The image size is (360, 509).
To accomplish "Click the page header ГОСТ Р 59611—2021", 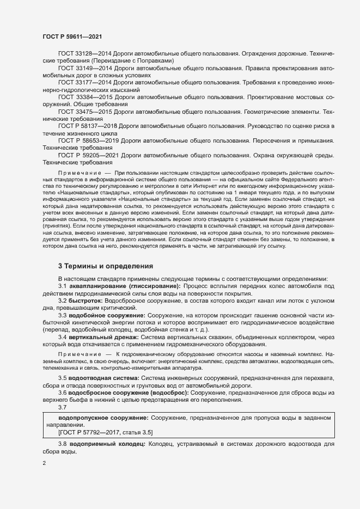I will pos(72,36).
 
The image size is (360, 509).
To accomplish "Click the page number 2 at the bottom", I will pos(45,463).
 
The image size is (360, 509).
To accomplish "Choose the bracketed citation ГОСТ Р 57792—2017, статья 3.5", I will pos(105,432).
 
